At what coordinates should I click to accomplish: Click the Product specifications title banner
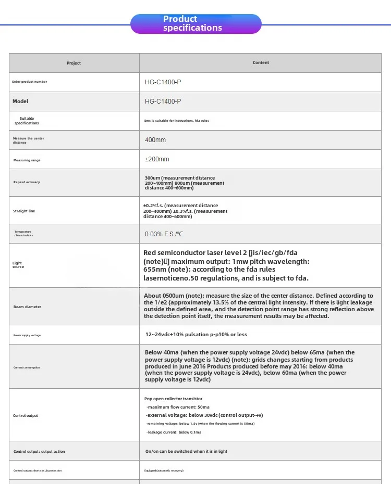(195, 24)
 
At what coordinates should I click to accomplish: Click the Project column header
(74, 63)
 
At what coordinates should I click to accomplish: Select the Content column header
(261, 63)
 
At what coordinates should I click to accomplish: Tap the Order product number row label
(30, 82)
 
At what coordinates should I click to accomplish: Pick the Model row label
(20, 101)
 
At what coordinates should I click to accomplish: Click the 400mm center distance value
(155, 140)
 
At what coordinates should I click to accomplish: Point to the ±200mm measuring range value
(157, 159)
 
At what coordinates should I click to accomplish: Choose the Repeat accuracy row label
(27, 182)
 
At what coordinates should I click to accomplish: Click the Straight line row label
(24, 211)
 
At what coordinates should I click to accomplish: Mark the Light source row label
(18, 265)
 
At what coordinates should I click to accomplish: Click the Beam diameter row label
(27, 307)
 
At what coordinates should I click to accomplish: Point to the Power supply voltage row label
(27, 335)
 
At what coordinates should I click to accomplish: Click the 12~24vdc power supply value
(196, 335)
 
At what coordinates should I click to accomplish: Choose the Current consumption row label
(27, 367)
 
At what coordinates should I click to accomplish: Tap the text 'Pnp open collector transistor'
(173, 399)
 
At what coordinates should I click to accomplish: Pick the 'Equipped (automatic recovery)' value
(164, 470)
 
